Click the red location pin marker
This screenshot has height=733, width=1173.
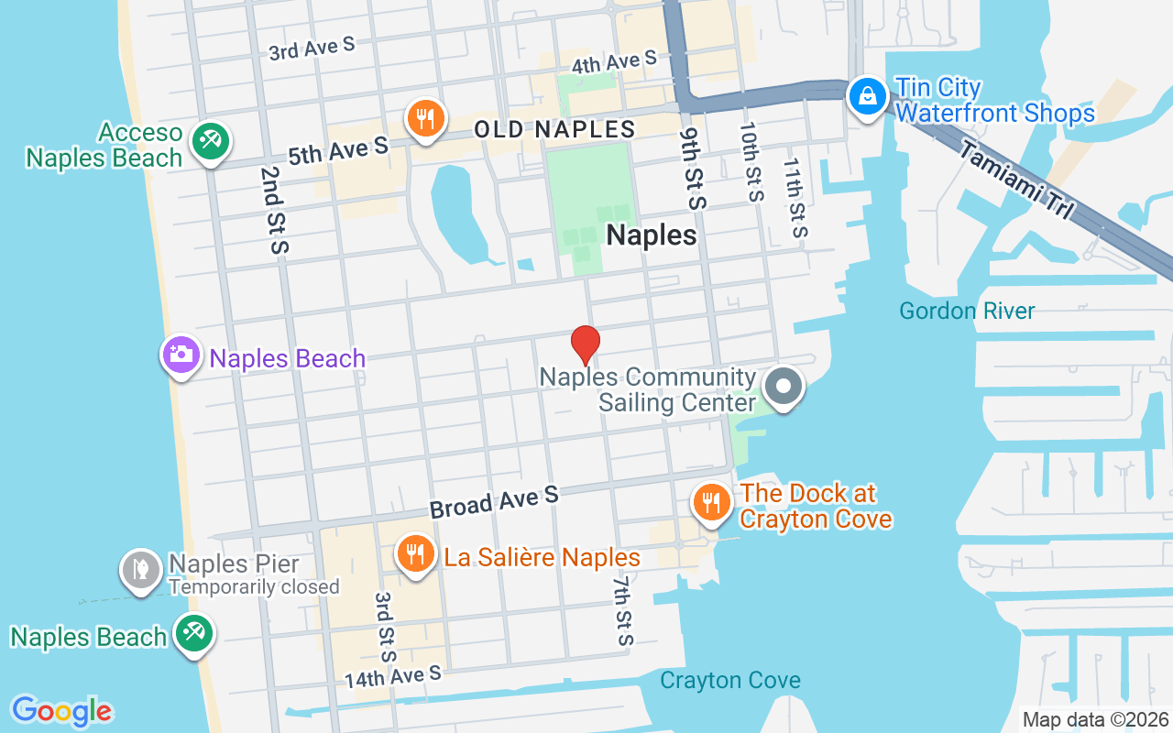pyautogui.click(x=586, y=345)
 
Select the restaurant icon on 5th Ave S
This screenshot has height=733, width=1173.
pyautogui.click(x=425, y=119)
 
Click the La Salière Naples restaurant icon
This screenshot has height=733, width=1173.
pyautogui.click(x=416, y=555)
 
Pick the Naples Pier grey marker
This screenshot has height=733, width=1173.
pyautogui.click(x=141, y=569)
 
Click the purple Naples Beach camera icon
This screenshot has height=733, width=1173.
pyautogui.click(x=181, y=355)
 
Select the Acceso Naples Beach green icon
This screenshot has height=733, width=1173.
pyautogui.click(x=211, y=141)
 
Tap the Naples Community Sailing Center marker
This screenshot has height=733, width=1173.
pyautogui.click(x=783, y=387)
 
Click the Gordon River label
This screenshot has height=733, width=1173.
pyautogui.click(x=967, y=311)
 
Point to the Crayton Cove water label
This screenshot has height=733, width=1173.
pyautogui.click(x=730, y=681)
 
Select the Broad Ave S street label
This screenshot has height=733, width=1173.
pyautogui.click(x=494, y=502)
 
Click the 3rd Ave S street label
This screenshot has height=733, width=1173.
pyautogui.click(x=312, y=49)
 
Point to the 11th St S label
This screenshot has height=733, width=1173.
pyautogui.click(x=794, y=197)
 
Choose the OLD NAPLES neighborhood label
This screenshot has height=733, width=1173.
pyautogui.click(x=554, y=129)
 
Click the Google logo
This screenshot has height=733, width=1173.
pyautogui.click(x=61, y=711)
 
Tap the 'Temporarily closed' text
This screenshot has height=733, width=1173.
pyautogui.click(x=254, y=587)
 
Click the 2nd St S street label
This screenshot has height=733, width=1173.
pyautogui.click(x=274, y=210)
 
